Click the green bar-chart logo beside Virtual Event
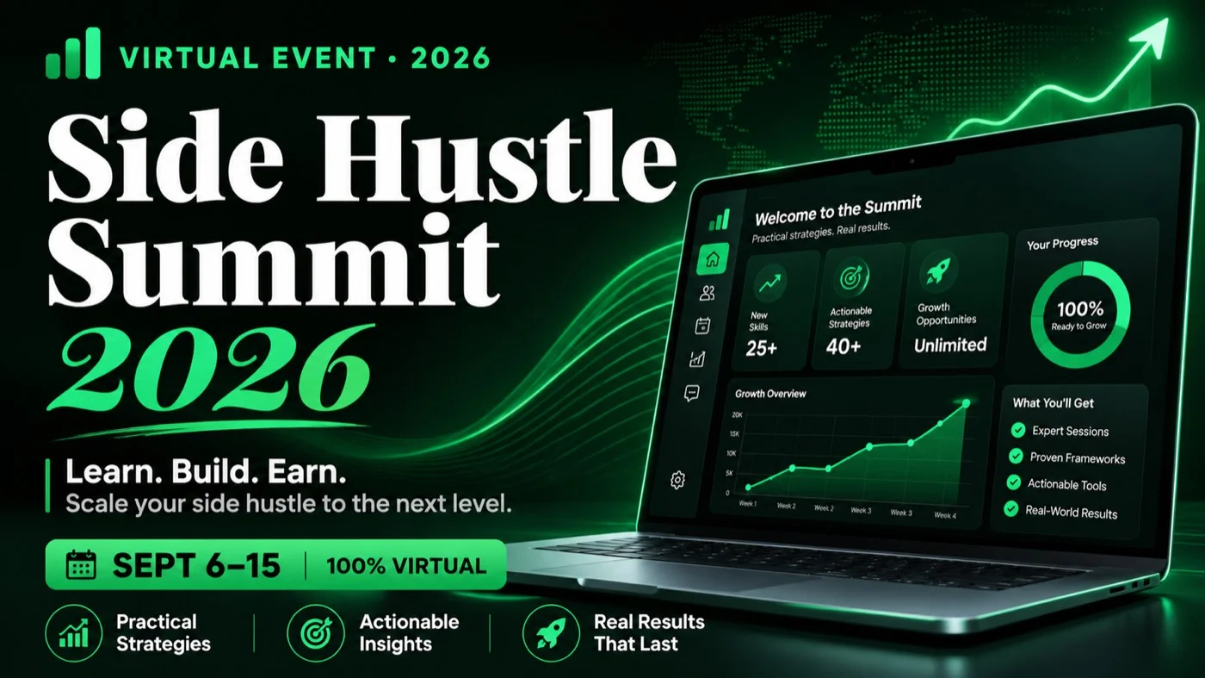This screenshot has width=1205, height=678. coord(73,53)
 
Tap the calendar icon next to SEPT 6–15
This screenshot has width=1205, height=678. coord(81,565)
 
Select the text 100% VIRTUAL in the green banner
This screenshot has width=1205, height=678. coord(406,566)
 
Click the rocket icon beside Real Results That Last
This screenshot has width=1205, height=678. coord(551,632)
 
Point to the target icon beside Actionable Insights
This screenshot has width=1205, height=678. coord(315,632)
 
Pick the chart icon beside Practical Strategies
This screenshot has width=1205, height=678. coord(74,632)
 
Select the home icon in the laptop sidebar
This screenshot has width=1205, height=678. coord(713,258)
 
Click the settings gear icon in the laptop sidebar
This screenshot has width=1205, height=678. coord(678,479)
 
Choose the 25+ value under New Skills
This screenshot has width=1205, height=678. coord(761,348)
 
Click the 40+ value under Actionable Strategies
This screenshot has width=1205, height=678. coord(843,346)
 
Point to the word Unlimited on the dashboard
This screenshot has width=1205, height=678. coord(950,345)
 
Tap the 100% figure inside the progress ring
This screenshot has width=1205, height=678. coord(1080,309)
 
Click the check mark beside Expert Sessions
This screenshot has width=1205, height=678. coord(1017,430)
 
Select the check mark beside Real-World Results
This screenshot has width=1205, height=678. coord(1011,509)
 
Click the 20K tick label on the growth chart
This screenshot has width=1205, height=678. coord(737,414)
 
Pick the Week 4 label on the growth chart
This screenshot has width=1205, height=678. coord(945,515)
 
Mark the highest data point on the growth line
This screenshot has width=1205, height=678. coord(966,403)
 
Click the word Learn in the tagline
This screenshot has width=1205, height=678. coord(109,472)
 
